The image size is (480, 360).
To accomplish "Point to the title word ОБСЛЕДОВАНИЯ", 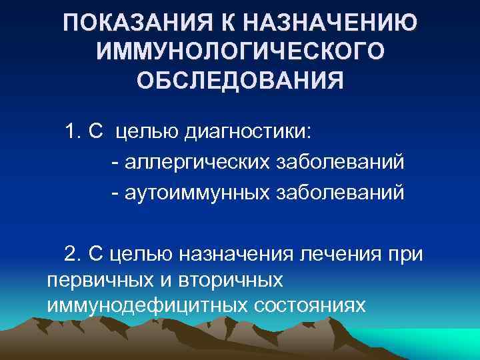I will [240, 81].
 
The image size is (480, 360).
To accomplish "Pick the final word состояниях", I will [309, 304].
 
